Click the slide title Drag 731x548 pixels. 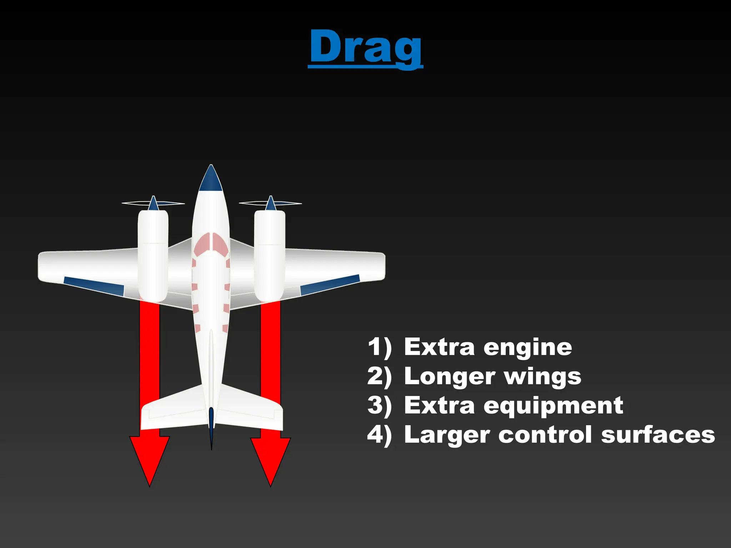click(x=365, y=47)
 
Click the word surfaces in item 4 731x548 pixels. click(x=658, y=435)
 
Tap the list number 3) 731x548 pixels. click(x=379, y=406)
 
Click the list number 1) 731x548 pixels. click(x=379, y=347)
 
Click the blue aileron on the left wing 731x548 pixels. click(x=94, y=286)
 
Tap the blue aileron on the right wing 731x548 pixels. click(x=330, y=285)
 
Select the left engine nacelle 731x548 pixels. click(x=153, y=255)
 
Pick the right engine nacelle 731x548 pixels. click(x=269, y=255)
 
